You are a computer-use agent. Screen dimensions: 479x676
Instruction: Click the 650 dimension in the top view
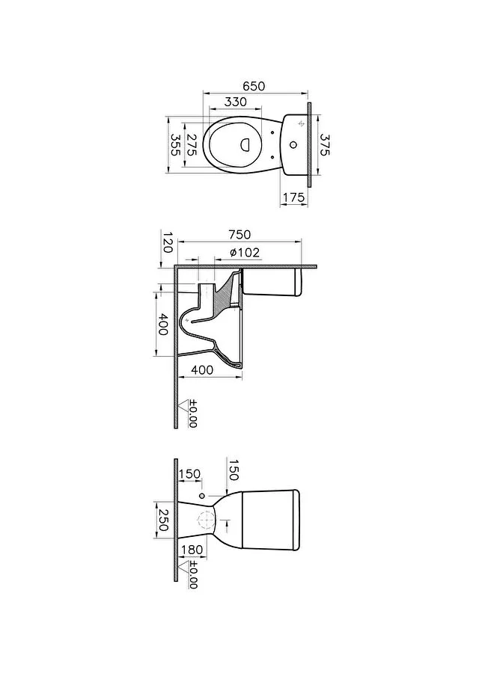coord(253,86)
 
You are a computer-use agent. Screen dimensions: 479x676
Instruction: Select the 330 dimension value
coord(236,102)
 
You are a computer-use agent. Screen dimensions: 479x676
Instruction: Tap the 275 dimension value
coord(192,145)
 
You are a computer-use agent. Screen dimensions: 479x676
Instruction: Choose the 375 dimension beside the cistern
coord(325,144)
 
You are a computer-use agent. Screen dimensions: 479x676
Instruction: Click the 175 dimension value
coord(293,197)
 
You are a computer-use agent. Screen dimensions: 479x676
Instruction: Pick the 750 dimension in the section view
coord(239,235)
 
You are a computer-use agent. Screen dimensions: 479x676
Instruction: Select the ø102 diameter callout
coord(245,252)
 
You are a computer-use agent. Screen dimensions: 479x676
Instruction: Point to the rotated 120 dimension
coord(168,242)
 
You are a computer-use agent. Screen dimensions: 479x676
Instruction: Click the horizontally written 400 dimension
coord(202,370)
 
